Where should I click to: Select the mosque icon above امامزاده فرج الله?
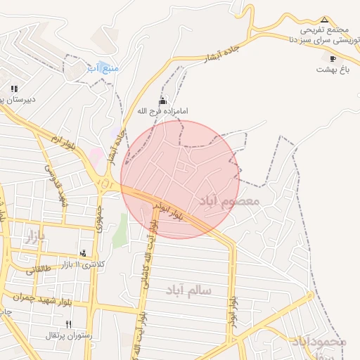click(x=163, y=101)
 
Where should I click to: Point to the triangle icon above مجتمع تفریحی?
click(x=324, y=20)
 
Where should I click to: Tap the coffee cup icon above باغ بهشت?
click(x=333, y=59)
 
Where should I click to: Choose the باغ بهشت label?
click(x=333, y=70)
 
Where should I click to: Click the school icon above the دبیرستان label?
click(x=14, y=89)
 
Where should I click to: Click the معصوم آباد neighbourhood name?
click(x=229, y=202)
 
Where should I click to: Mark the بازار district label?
click(x=34, y=237)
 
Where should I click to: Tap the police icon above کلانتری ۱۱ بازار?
click(x=84, y=253)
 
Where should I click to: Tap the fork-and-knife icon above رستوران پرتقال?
click(x=68, y=324)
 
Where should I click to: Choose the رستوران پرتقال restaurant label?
click(x=68, y=335)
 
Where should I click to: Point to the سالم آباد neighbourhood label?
click(x=189, y=289)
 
